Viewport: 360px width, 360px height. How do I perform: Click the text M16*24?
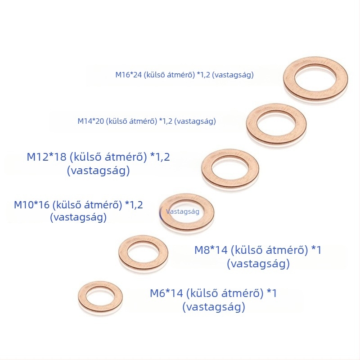point(128,75)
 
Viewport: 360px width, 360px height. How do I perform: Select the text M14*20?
point(91,121)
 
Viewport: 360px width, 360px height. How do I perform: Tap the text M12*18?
point(46,157)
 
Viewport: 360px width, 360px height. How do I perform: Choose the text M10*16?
point(31,205)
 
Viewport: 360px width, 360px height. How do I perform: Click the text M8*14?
point(211,250)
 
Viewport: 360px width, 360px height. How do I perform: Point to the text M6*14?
point(166,293)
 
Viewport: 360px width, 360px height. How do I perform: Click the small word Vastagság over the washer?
point(183,211)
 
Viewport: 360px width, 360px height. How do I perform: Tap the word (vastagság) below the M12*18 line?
point(98,171)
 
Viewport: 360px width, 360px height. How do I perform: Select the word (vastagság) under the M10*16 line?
point(78,217)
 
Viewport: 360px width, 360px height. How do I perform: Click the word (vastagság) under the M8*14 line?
point(258,264)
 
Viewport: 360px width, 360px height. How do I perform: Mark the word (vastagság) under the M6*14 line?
point(214,307)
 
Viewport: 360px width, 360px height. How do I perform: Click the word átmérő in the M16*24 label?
point(181,75)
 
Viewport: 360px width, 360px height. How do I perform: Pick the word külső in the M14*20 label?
point(117,121)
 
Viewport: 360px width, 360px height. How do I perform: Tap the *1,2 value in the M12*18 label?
point(160,157)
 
